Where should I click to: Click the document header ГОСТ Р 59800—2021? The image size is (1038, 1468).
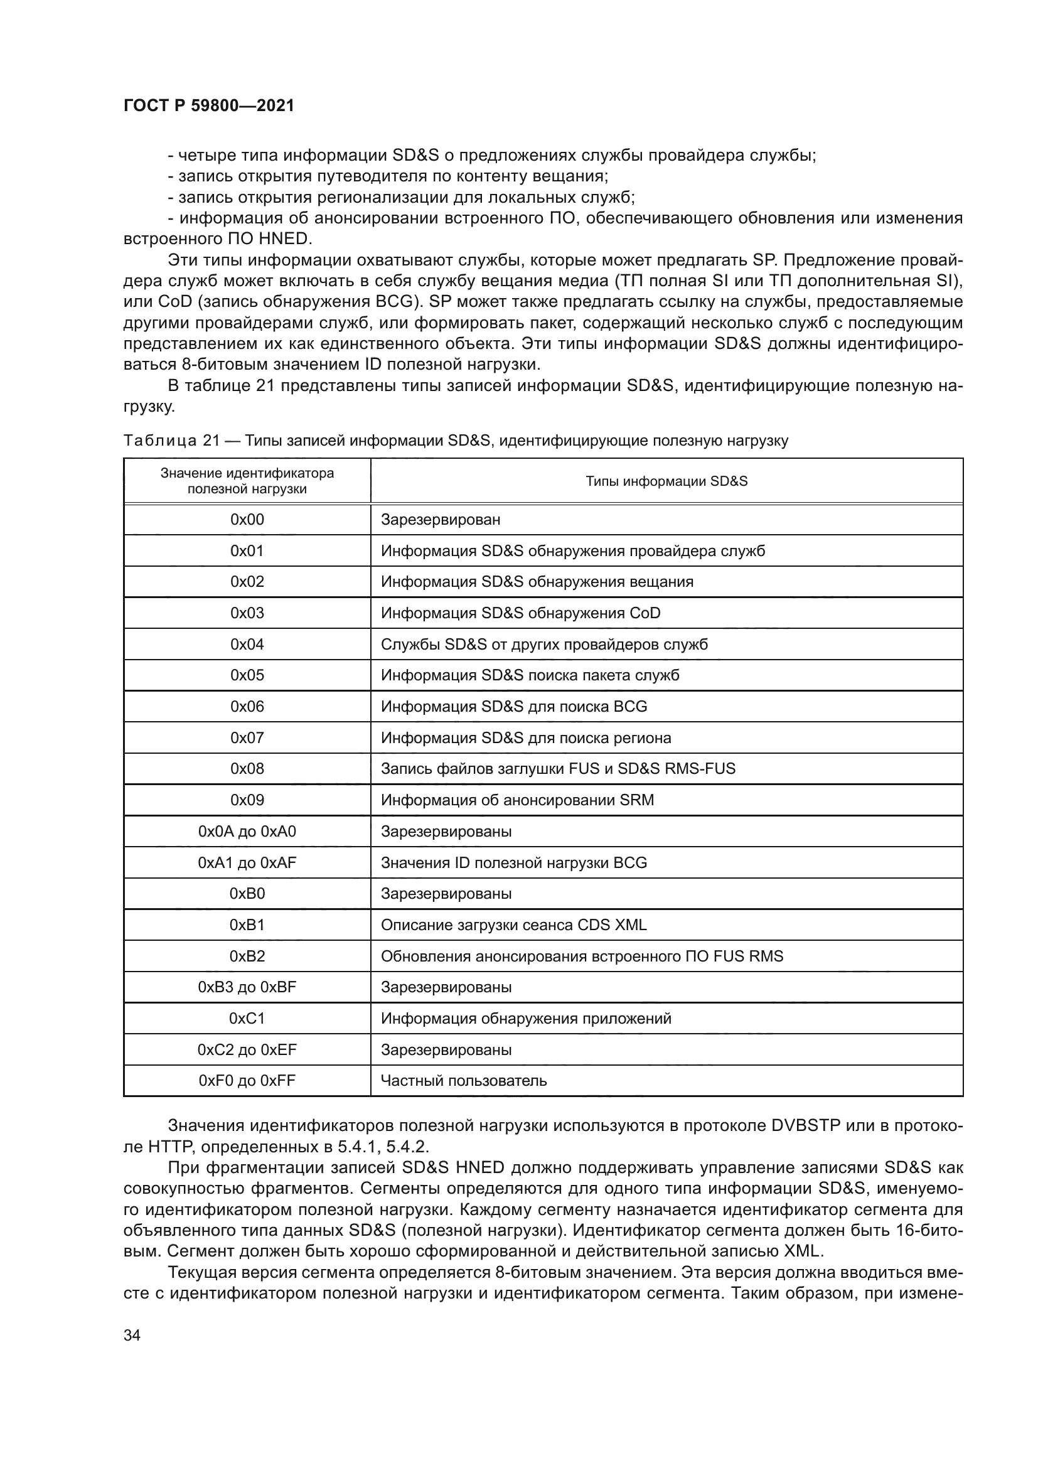click(x=208, y=106)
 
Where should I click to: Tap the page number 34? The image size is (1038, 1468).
click(x=132, y=1335)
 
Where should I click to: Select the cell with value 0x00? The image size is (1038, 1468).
click(x=247, y=519)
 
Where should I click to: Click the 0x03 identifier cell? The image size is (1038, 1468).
click(x=247, y=613)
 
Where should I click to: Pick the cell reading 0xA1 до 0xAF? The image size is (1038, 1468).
click(x=247, y=862)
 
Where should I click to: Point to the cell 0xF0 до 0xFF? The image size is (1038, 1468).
click(x=247, y=1081)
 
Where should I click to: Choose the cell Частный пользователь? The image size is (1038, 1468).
click(x=463, y=1081)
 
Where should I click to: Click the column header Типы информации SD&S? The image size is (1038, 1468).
click(x=666, y=481)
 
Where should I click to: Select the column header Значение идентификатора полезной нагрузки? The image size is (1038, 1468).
click(x=247, y=481)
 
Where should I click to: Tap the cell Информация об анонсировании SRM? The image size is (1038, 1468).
click(x=517, y=800)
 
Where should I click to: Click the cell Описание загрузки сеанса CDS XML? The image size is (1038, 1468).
click(x=513, y=924)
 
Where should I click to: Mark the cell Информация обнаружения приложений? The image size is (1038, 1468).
click(x=525, y=1019)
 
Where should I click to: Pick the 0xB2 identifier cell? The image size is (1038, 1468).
click(x=247, y=956)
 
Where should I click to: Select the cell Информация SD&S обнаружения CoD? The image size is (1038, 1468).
click(x=520, y=613)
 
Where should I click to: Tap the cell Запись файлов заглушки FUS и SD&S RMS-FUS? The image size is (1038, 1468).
click(x=557, y=769)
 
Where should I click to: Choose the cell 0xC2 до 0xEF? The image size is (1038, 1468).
click(x=247, y=1049)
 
